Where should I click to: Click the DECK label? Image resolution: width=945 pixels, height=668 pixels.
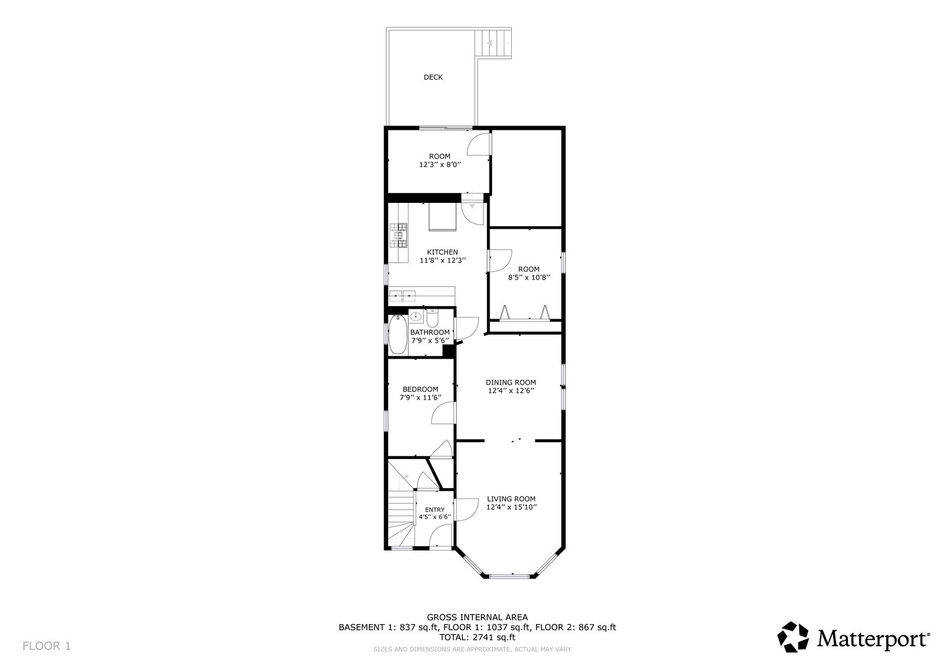click(433, 77)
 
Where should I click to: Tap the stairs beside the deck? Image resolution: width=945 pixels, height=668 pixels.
click(493, 43)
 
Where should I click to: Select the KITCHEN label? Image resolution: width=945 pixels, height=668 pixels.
click(442, 252)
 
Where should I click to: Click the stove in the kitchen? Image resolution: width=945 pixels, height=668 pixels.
click(399, 235)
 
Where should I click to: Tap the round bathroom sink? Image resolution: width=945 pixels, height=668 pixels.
click(416, 317)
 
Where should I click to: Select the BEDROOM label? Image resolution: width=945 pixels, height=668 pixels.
click(420, 389)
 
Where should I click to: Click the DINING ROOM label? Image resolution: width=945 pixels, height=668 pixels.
click(511, 382)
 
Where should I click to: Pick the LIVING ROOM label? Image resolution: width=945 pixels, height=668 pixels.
click(511, 499)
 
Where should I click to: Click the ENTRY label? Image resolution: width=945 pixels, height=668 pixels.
click(434, 510)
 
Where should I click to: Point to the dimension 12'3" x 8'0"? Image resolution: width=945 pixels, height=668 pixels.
click(440, 165)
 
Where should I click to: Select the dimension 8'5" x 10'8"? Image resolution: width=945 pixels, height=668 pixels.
click(529, 278)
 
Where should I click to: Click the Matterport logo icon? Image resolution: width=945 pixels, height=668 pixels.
click(793, 637)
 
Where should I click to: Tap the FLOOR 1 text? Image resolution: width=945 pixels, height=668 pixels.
click(46, 646)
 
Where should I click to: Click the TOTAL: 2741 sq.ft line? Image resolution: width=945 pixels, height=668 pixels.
click(477, 637)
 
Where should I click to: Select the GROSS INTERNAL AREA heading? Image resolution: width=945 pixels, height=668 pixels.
click(477, 617)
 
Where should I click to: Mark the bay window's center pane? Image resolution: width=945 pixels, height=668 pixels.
click(511, 576)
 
